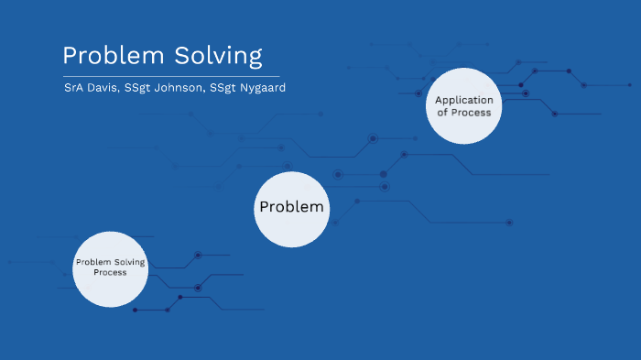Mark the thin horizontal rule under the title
[x=171, y=76]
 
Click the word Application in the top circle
[x=463, y=100]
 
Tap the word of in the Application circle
[x=441, y=113]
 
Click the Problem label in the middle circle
[x=291, y=207]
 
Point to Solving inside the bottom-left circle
[x=130, y=262]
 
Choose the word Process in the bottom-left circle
[x=110, y=272]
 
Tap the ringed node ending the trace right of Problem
[x=509, y=222]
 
